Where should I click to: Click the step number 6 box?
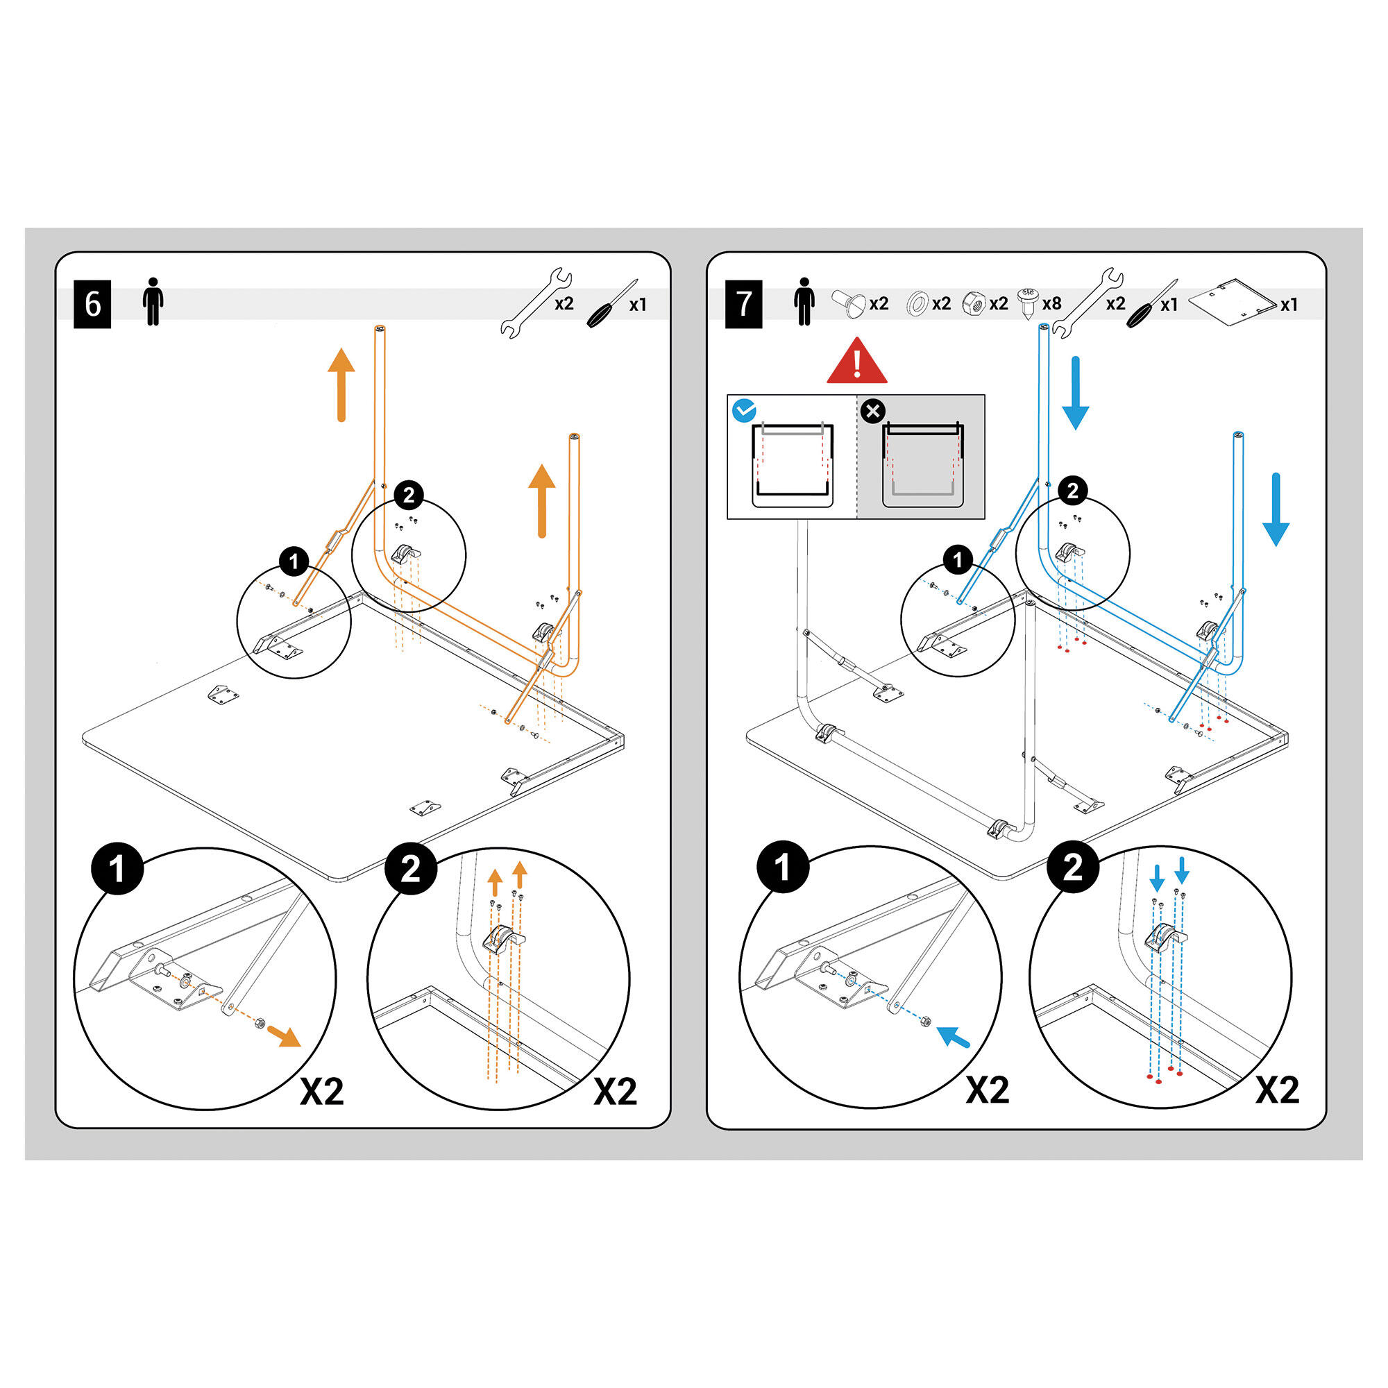point(92,305)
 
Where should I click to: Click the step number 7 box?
point(743,305)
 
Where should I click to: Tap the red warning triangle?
point(856,362)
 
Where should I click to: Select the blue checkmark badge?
point(743,410)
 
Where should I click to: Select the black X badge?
point(873,412)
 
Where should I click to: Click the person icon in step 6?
point(152,302)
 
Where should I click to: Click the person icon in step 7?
point(804,302)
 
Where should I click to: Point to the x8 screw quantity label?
point(1051,304)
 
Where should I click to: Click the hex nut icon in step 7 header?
point(973,303)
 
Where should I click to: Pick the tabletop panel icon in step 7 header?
point(1230,301)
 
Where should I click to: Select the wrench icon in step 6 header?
point(536,303)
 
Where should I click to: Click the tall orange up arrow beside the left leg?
point(341,384)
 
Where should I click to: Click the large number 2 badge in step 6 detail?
point(411,870)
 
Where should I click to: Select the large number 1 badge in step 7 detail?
point(783,867)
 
